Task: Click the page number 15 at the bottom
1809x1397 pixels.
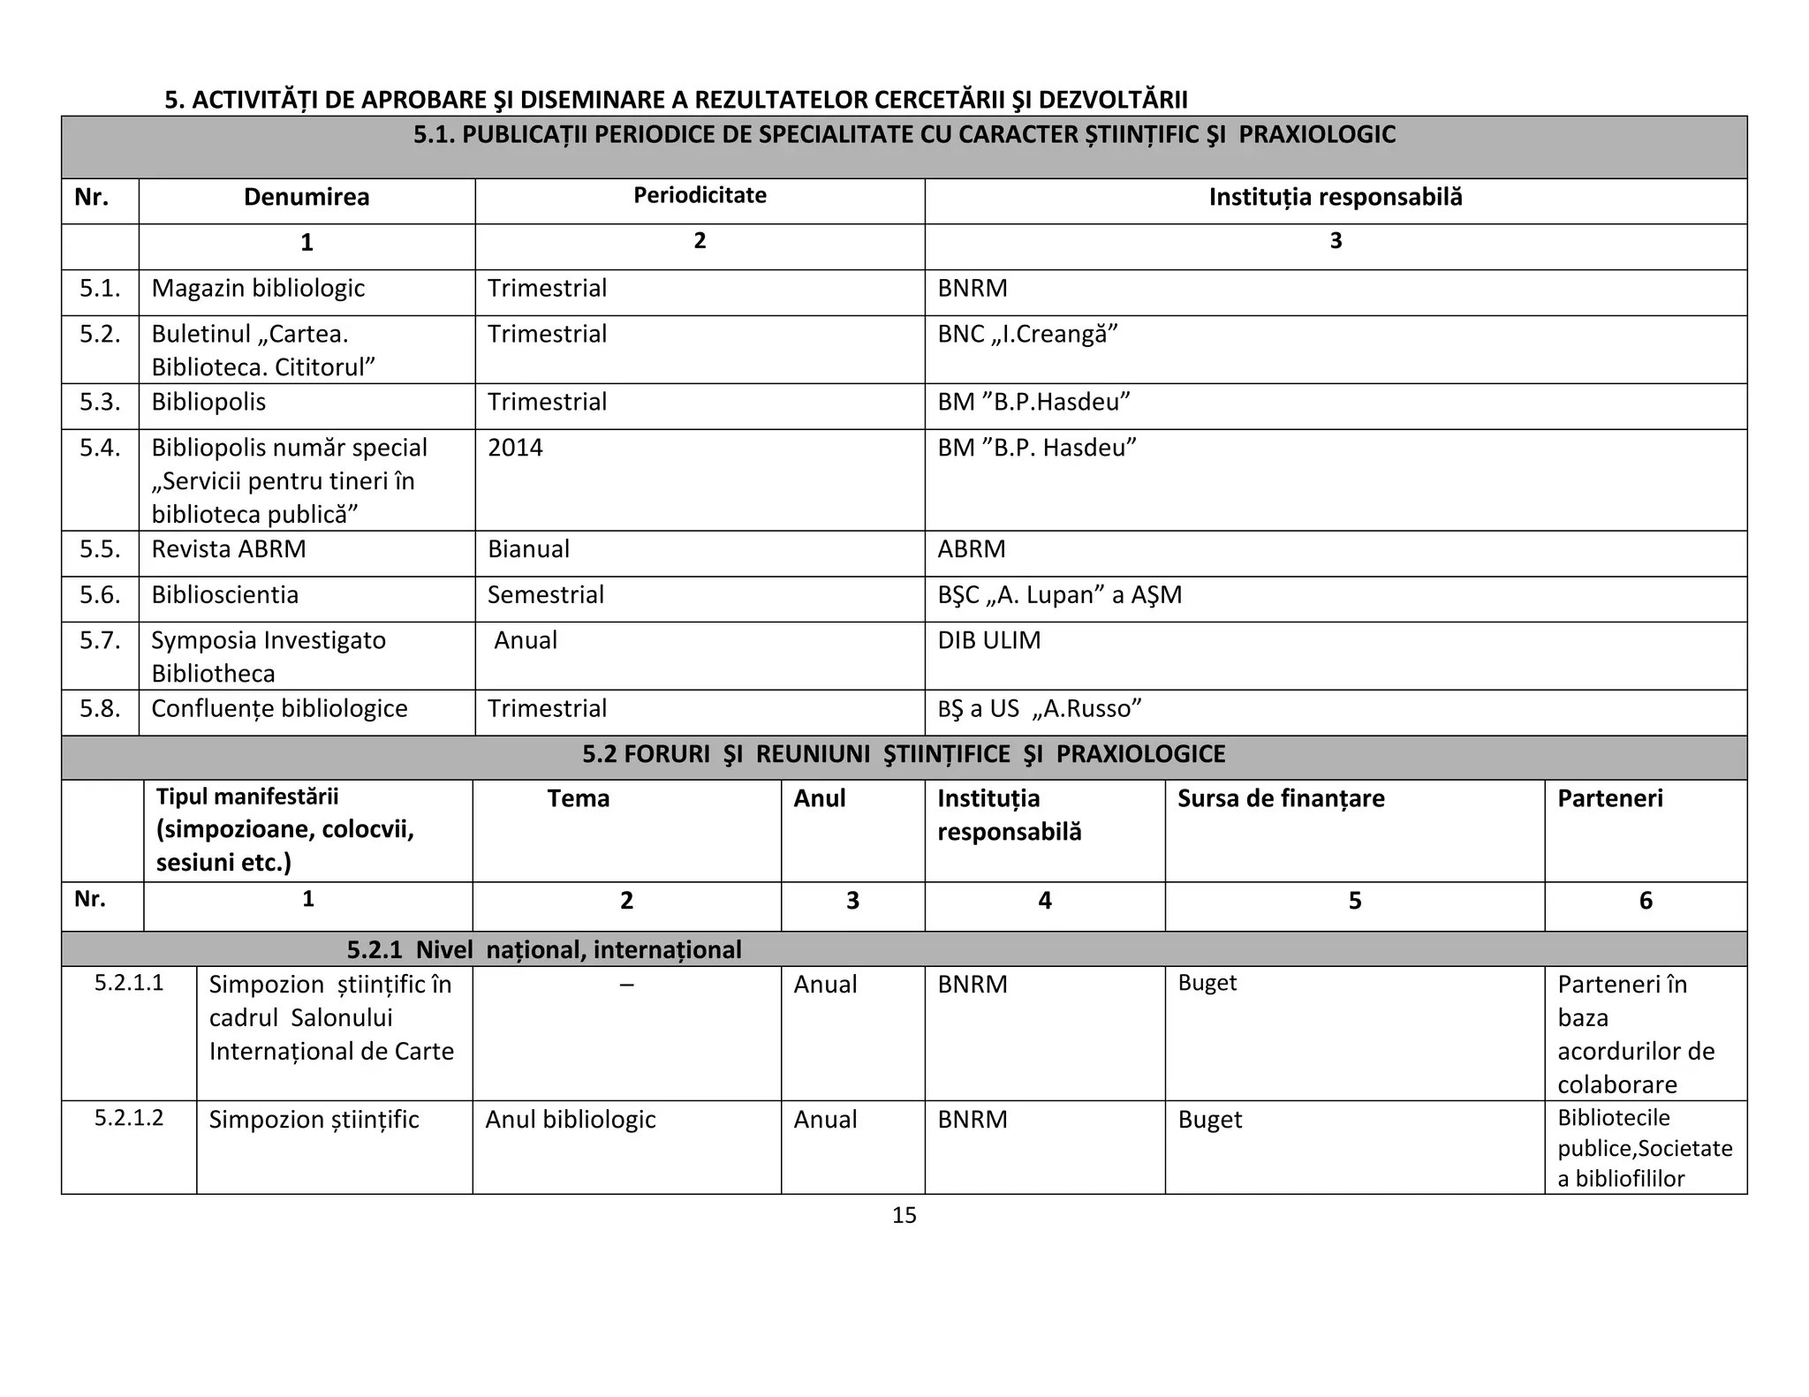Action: tap(904, 1215)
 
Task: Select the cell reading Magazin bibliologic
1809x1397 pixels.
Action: tap(258, 289)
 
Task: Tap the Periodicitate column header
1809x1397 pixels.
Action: tap(700, 195)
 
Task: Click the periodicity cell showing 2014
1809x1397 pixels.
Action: tap(515, 448)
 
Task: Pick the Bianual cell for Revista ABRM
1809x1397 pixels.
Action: tap(528, 549)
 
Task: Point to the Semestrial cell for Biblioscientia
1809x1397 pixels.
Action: tap(545, 595)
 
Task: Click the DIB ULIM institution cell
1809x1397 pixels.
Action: tap(988, 640)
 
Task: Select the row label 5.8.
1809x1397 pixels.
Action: tap(100, 709)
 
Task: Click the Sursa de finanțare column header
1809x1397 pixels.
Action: tap(1280, 798)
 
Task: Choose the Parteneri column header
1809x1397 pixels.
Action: tap(1609, 798)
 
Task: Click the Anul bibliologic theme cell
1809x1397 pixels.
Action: tap(571, 1120)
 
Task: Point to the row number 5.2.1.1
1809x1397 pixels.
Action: tap(129, 984)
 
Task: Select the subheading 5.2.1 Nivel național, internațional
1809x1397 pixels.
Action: tap(543, 950)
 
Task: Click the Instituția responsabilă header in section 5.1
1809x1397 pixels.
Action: tap(1335, 197)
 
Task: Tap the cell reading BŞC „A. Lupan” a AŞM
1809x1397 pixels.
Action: tap(1059, 595)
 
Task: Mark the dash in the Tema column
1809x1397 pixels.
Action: tap(626, 984)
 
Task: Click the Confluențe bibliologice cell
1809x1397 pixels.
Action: tap(279, 709)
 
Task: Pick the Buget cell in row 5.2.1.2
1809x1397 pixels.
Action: tap(1209, 1120)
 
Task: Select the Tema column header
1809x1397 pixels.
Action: tap(578, 798)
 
